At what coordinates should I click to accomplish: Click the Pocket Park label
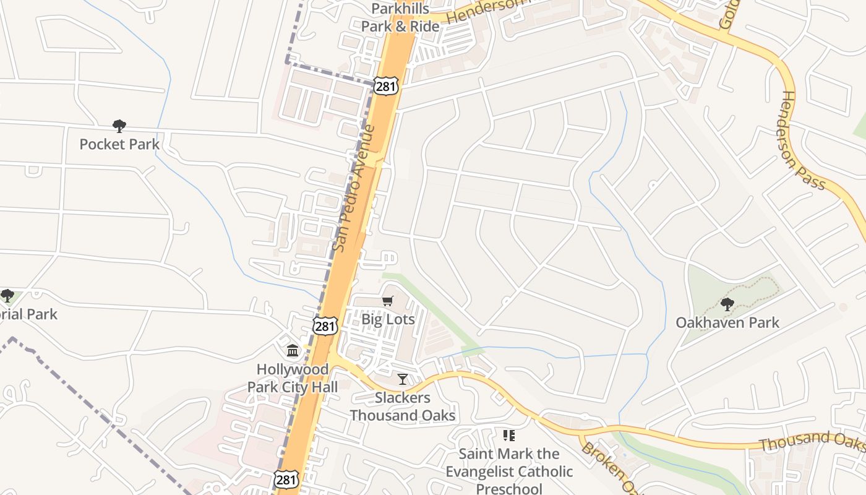coord(119,145)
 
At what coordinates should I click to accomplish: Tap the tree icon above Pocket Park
coord(119,126)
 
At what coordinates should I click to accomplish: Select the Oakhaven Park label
coord(727,322)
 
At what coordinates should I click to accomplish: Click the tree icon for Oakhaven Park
coord(727,304)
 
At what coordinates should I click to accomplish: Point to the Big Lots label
coord(388,319)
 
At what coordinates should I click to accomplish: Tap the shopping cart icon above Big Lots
coord(388,301)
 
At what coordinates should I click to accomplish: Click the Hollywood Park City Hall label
coord(293,378)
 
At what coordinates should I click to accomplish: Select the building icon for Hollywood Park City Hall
coord(293,351)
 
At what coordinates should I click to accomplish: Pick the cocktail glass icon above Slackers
coord(403,379)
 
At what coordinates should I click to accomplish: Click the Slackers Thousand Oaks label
coord(403,407)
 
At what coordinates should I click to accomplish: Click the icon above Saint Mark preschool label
coord(509,436)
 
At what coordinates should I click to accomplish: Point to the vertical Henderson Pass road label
coord(803,140)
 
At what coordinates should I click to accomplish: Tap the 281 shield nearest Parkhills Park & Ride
coord(385,87)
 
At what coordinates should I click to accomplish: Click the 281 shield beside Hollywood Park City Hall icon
coord(325,326)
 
